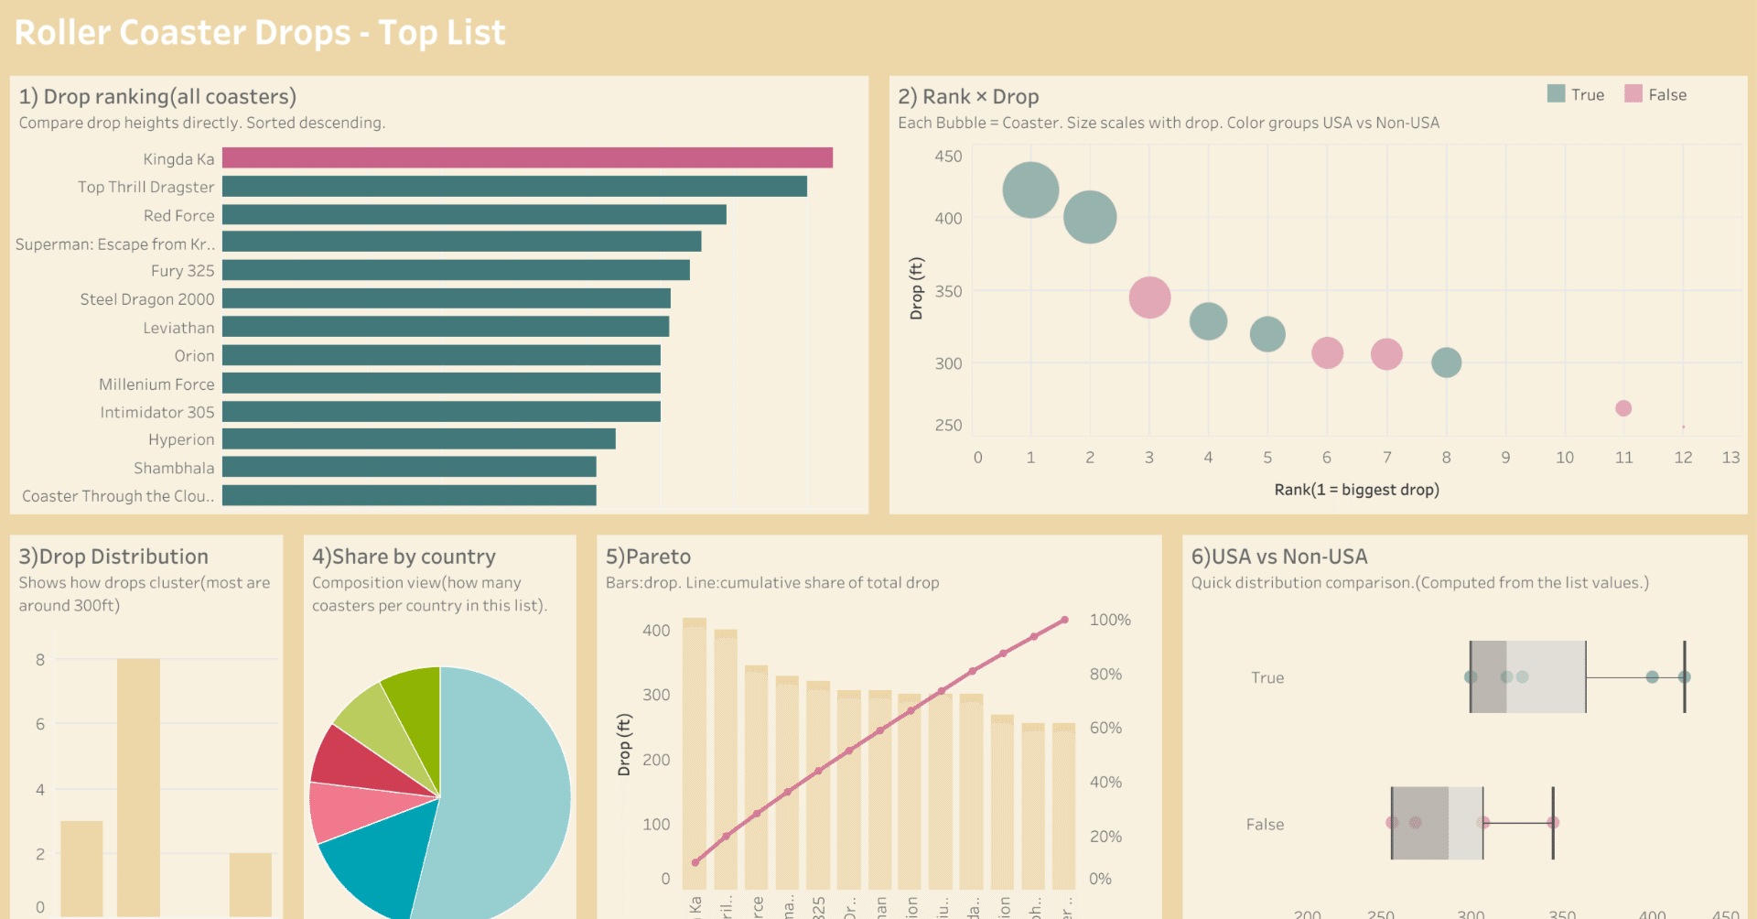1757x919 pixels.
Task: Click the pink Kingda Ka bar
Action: point(527,157)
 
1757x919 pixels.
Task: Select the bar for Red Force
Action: point(474,214)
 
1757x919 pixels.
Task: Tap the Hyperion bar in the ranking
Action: point(418,439)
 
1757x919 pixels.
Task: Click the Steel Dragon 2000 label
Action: point(146,299)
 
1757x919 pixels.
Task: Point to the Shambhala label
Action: point(174,468)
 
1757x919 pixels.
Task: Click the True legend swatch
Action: point(1556,94)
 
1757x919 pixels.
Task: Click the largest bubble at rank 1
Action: point(1030,189)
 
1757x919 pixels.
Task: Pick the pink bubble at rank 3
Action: point(1149,297)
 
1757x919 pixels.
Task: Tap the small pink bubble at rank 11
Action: point(1623,408)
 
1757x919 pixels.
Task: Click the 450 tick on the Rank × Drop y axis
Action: point(948,157)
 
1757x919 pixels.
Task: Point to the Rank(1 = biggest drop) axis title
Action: point(1356,490)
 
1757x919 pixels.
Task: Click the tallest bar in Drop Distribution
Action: point(138,787)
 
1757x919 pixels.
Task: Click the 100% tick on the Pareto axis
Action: point(1109,620)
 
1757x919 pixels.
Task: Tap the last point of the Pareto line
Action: point(1064,620)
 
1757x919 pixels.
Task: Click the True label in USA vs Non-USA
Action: point(1267,677)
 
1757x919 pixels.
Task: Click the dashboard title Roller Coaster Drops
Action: point(260,33)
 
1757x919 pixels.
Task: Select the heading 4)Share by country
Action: point(404,557)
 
